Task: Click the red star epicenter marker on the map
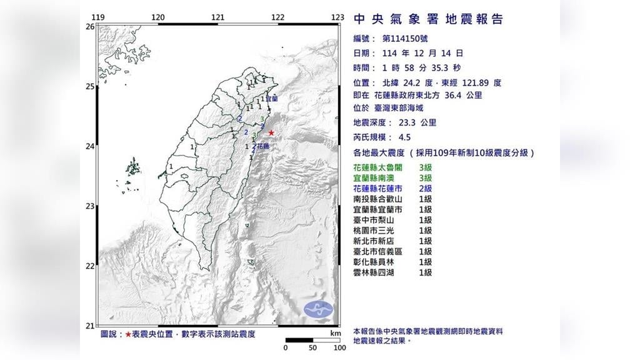271,132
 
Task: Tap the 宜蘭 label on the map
272,99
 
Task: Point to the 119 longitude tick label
97,17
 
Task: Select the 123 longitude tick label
338,17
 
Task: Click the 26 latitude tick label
90,27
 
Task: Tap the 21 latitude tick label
90,326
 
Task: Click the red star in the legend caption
128,335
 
